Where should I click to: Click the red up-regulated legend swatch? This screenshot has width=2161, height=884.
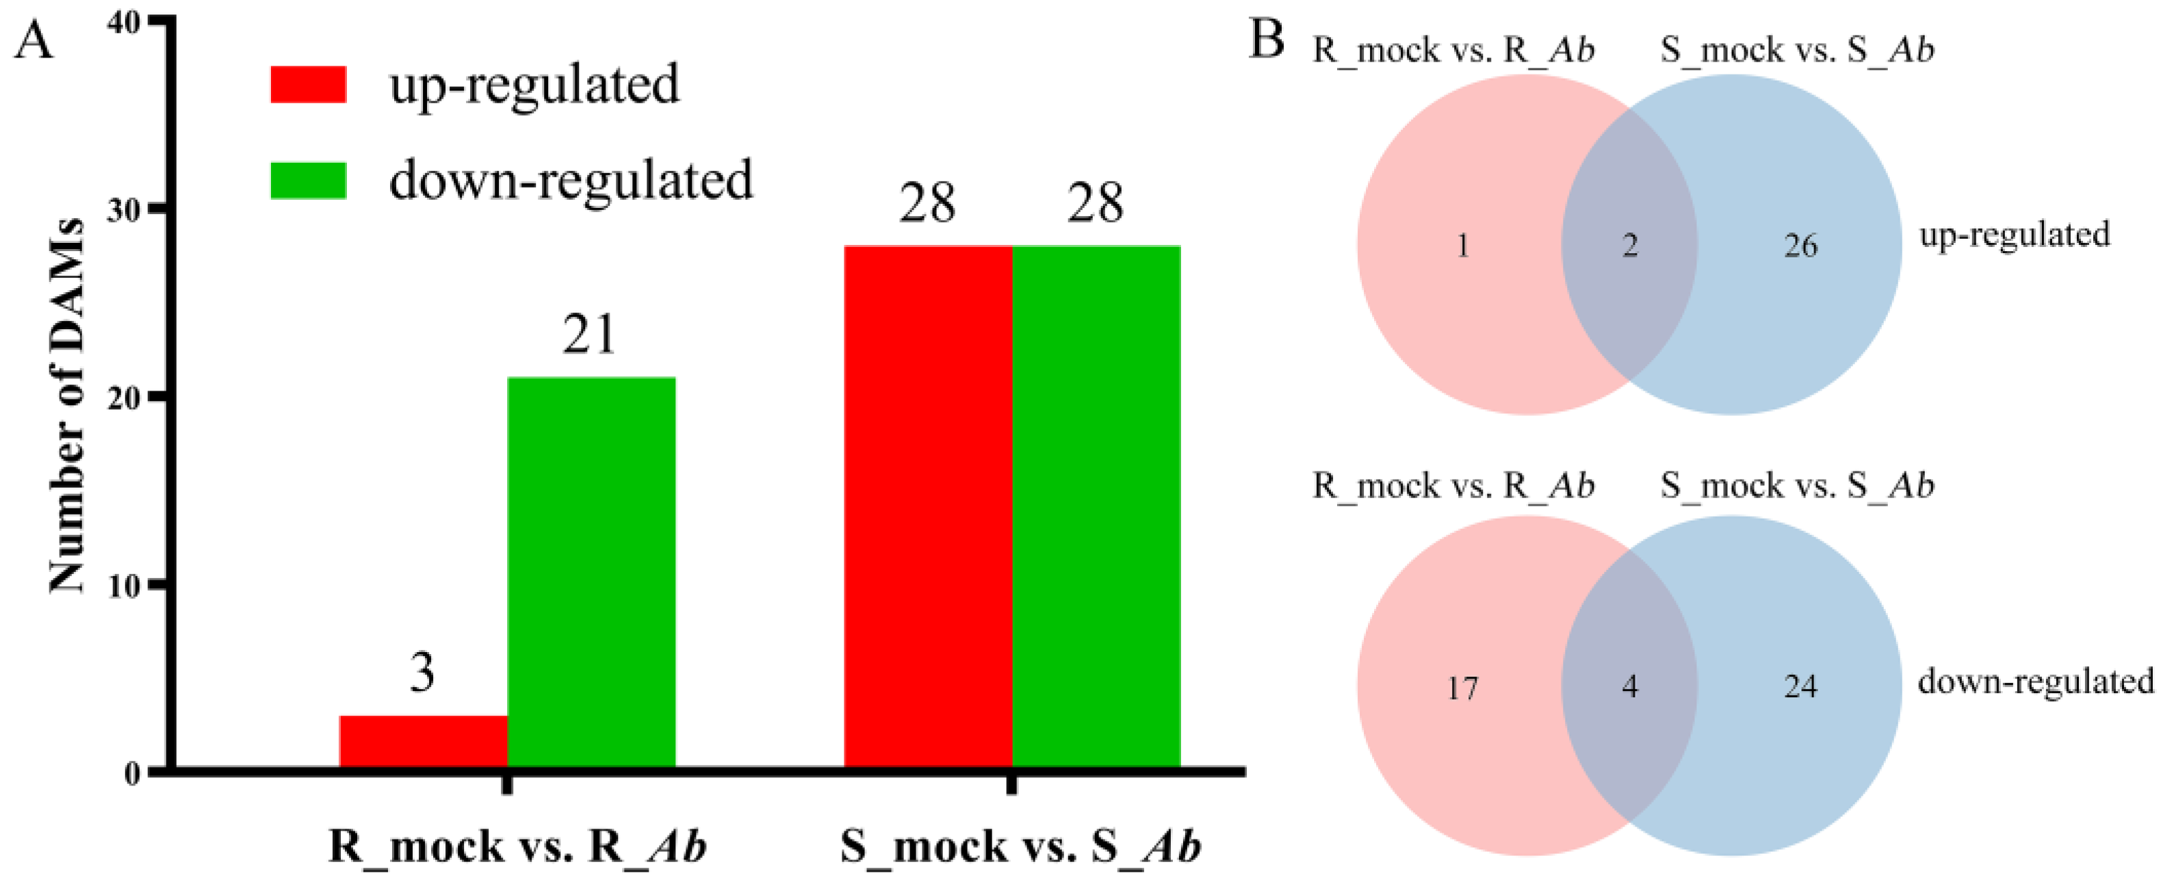pyautogui.click(x=308, y=85)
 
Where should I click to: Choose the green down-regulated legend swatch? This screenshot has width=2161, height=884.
pyautogui.click(x=308, y=181)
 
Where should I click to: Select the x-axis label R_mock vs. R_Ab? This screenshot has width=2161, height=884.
pyautogui.click(x=517, y=846)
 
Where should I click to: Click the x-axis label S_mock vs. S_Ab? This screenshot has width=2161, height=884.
pyautogui.click(x=1020, y=846)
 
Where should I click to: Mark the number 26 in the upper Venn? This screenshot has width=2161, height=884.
pyautogui.click(x=1800, y=246)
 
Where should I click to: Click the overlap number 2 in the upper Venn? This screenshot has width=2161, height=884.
pyautogui.click(x=1629, y=246)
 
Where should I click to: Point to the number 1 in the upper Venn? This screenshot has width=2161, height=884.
pyautogui.click(x=1462, y=246)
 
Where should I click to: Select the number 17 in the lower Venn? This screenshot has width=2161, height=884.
pyautogui.click(x=1462, y=688)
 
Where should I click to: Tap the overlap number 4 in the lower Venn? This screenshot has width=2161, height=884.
pyautogui.click(x=1629, y=687)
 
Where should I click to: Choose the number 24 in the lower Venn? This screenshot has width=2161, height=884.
pyautogui.click(x=1800, y=687)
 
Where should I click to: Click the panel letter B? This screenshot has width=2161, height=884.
pyautogui.click(x=1266, y=40)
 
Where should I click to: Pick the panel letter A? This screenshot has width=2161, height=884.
pyautogui.click(x=34, y=40)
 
